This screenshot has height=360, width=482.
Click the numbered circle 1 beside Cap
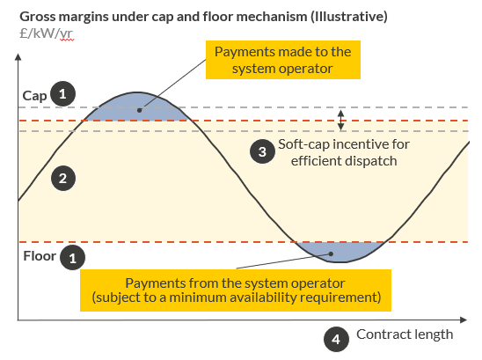[63, 94]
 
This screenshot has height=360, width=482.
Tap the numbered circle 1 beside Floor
[72, 258]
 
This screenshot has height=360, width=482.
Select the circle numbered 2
[63, 179]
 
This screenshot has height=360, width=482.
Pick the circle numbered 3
[262, 151]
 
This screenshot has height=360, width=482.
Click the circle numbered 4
[336, 339]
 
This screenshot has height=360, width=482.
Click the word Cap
[34, 96]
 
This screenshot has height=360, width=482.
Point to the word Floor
[40, 256]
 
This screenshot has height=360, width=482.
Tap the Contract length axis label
[405, 334]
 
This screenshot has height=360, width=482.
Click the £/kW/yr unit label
[46, 33]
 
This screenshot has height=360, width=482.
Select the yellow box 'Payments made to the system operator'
[283, 60]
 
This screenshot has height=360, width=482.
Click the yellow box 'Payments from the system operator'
[236, 290]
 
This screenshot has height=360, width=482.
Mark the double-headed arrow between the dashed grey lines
[341, 120]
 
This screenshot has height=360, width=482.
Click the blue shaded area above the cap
[137, 107]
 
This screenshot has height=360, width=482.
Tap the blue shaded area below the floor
[340, 252]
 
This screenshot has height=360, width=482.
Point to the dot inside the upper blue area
[139, 110]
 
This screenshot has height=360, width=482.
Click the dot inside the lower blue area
[331, 253]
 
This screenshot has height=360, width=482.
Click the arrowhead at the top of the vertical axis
[18, 57]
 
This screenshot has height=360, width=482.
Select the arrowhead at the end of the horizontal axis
[464, 320]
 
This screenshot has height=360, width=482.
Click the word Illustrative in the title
[348, 17]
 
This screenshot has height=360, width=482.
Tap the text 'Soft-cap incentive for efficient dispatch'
[344, 152]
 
